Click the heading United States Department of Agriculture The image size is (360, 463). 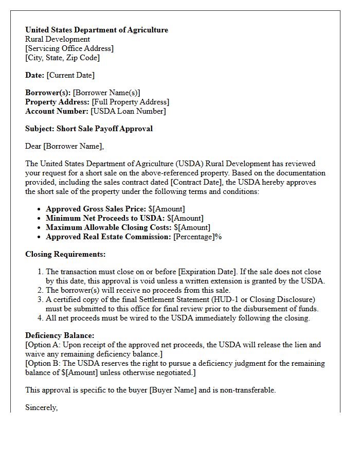[97, 30]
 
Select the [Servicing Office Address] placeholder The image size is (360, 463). [69, 48]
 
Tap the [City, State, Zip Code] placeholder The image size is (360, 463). [62, 58]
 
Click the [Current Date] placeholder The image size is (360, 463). [70, 75]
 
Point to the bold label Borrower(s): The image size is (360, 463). [48, 93]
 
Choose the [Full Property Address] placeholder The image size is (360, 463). [130, 102]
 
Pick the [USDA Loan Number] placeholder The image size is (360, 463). [129, 111]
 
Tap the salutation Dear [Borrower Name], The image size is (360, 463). [64, 146]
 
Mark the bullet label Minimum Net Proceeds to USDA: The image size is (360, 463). [105, 218]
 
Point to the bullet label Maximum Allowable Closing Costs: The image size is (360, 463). [109, 227]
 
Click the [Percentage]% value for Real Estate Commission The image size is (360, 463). [197, 237]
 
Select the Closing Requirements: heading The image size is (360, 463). [65, 254]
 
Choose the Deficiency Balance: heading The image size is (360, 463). [60, 335]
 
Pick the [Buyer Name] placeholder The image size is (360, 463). [173, 390]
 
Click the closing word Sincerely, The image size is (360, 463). [41, 407]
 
